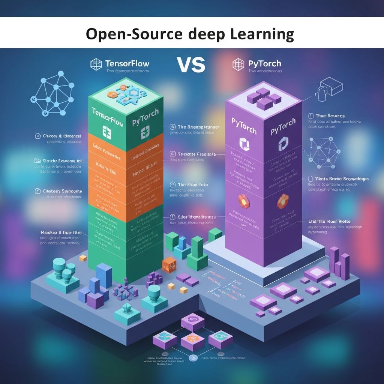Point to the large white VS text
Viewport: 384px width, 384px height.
(191, 64)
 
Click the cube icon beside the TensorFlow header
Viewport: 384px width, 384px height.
(96, 64)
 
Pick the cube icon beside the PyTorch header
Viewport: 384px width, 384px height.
(238, 64)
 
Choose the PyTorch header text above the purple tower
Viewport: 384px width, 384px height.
(264, 64)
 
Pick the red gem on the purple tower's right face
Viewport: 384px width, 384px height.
(283, 201)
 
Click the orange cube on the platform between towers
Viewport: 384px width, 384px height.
(169, 264)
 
